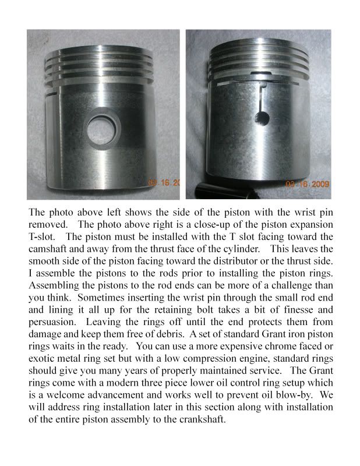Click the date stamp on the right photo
[x=308, y=183]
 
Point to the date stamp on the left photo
[x=165, y=183]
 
